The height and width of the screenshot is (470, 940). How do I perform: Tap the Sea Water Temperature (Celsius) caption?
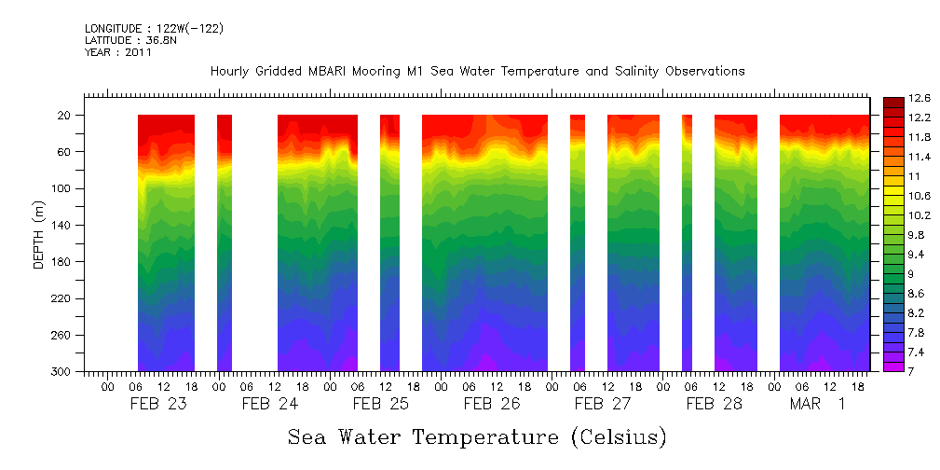point(477,437)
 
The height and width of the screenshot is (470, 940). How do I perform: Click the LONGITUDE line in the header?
point(154,29)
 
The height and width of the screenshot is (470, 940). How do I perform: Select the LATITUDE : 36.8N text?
point(129,41)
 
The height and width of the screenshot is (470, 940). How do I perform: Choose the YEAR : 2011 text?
point(118,53)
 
